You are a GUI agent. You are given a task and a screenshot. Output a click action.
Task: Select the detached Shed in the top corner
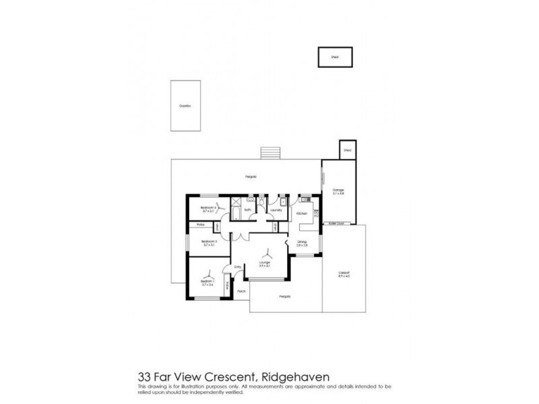334,57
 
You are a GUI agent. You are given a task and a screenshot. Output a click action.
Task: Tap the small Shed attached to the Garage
348,150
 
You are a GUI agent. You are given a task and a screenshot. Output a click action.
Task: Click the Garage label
338,191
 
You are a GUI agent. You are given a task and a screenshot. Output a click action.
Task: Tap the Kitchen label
302,213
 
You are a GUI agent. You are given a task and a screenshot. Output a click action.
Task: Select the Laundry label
275,210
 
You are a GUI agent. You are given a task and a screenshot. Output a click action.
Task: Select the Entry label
237,267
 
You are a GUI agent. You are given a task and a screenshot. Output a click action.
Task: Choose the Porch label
240,292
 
